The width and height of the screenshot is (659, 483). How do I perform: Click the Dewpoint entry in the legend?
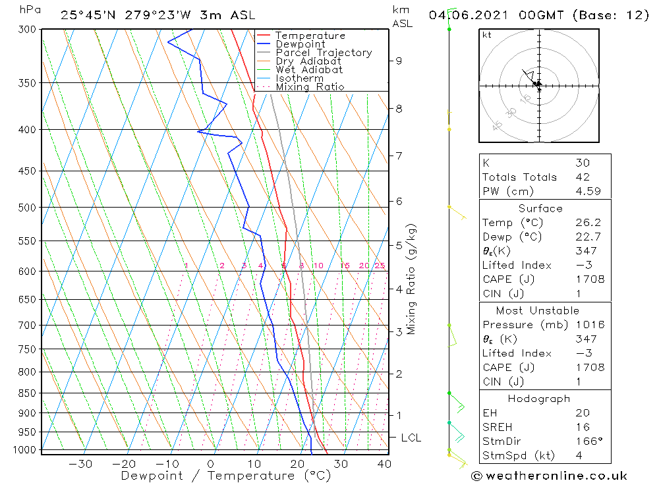[x=301, y=44]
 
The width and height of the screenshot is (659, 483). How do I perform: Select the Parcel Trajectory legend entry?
[x=324, y=53]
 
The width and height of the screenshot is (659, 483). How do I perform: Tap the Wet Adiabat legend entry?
[x=309, y=70]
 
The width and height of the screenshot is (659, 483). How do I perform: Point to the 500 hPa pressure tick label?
[x=28, y=208]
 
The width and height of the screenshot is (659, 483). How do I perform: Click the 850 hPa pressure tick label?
[x=28, y=393]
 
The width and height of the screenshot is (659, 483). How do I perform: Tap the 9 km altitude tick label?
[x=399, y=61]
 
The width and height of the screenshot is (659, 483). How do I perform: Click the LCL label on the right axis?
[x=411, y=438]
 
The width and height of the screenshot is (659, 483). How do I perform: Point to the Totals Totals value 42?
[x=582, y=177]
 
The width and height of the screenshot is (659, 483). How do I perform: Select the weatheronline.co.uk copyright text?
[x=549, y=476]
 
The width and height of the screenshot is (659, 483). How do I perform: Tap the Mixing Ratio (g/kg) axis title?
[x=411, y=279]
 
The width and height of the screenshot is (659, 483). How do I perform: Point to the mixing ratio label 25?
[x=380, y=266]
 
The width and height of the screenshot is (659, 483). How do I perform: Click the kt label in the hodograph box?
[x=486, y=35]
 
